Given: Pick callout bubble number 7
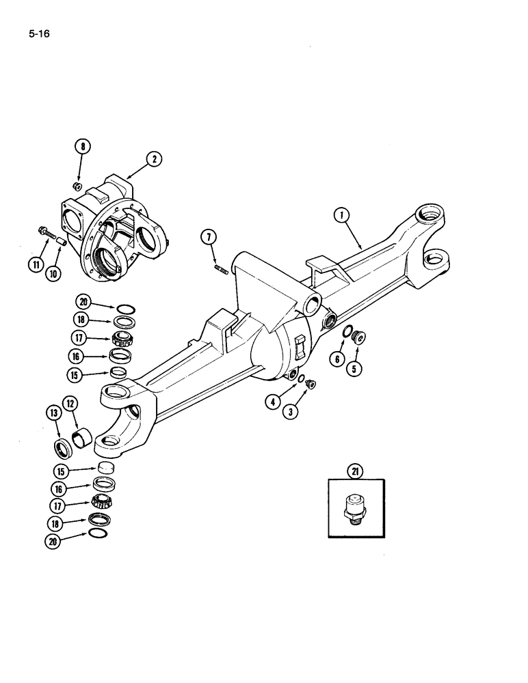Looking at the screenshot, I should (x=209, y=238).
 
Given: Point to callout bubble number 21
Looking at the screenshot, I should (x=356, y=471).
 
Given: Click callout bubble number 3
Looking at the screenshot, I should (x=292, y=412).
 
